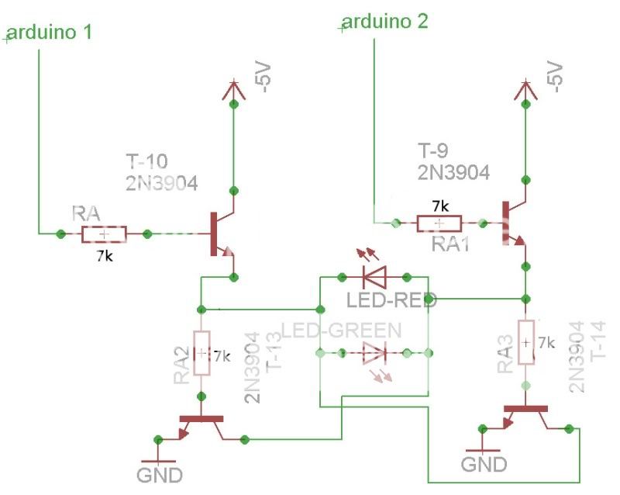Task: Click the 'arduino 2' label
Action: (x=384, y=21)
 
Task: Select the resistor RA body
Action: (x=102, y=234)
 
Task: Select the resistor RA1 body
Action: (x=439, y=223)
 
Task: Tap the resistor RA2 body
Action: (x=201, y=353)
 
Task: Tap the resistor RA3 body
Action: (x=526, y=342)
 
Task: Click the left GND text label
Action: (x=159, y=474)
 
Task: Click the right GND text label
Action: (x=484, y=464)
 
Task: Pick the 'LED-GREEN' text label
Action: (x=341, y=331)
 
